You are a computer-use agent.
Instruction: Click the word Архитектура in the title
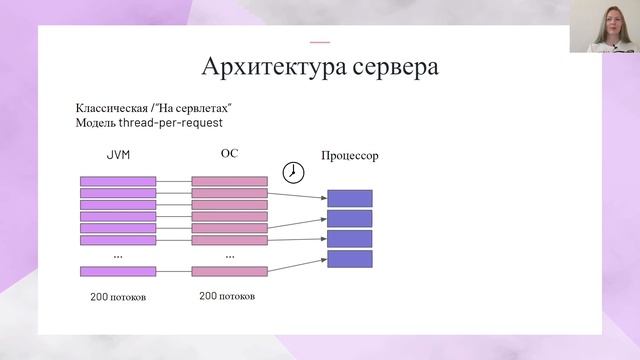262,67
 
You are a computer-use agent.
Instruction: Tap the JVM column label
118,156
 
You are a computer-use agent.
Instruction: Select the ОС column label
229,154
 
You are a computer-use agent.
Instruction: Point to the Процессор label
350,157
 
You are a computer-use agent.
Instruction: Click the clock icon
293,172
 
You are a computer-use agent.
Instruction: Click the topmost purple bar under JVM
118,181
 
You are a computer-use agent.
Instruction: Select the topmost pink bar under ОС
229,181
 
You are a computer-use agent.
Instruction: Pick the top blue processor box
349,198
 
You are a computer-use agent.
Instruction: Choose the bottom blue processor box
349,258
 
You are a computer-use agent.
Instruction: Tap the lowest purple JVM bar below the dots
118,271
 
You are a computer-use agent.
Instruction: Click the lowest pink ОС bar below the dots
229,271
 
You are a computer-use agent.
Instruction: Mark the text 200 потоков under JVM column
118,297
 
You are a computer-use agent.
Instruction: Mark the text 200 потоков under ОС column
227,296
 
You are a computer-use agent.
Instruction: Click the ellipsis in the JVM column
118,256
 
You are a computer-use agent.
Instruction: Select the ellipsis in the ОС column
229,256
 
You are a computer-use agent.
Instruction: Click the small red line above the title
320,42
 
